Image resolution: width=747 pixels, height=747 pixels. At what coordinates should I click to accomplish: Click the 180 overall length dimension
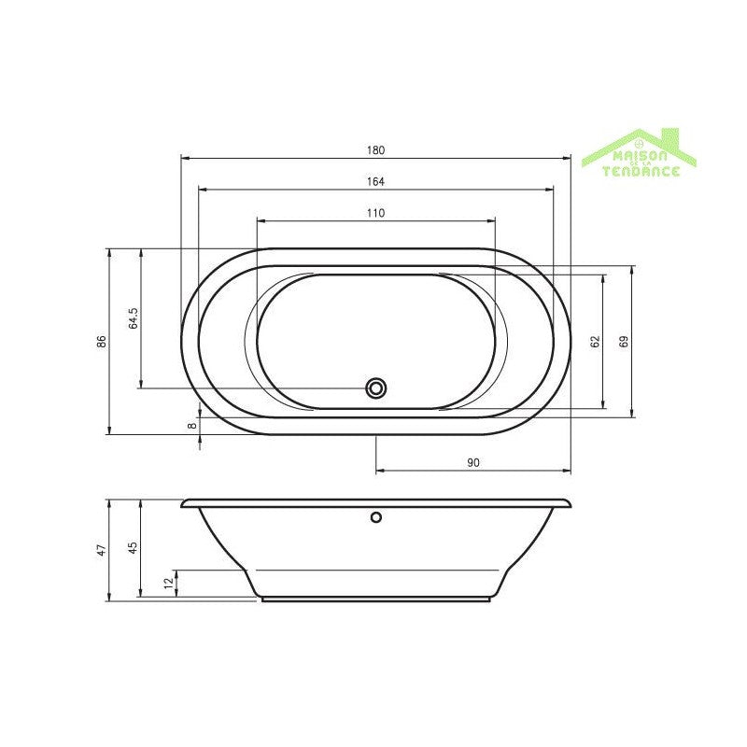(375, 150)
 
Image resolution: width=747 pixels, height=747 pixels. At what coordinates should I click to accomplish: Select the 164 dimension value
(375, 182)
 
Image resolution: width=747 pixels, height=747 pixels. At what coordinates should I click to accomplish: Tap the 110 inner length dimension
(375, 213)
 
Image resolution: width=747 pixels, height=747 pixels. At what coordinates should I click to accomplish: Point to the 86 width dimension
(102, 342)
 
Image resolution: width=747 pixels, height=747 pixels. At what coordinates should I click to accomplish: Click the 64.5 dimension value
(134, 318)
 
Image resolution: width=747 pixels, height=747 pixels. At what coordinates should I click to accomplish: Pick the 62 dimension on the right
(595, 342)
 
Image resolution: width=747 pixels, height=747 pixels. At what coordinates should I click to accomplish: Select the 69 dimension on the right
(625, 342)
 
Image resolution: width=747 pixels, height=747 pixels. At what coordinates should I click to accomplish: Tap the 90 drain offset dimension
(472, 462)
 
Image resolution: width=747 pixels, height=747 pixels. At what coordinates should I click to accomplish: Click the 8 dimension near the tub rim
(192, 426)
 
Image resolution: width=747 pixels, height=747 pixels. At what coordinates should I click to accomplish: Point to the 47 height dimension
(103, 549)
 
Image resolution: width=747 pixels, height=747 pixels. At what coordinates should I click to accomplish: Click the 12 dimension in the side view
(168, 584)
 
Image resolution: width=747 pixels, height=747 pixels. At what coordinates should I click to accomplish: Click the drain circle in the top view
(376, 388)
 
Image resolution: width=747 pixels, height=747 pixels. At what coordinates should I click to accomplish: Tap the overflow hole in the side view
(376, 516)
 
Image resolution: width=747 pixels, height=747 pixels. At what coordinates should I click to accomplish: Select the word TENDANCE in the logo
(641, 171)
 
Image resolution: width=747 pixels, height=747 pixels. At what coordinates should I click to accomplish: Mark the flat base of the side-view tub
(376, 599)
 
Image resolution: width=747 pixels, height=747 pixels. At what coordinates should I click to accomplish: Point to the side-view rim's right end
(568, 504)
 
